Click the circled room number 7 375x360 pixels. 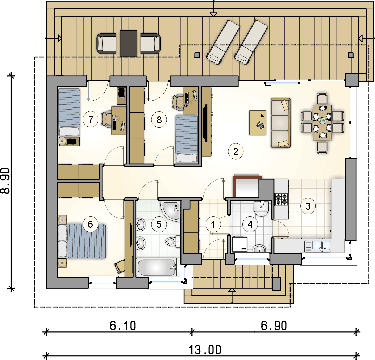(91, 119)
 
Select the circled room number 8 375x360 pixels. (159, 120)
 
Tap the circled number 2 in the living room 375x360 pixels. (236, 151)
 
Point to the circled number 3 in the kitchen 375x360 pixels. (308, 206)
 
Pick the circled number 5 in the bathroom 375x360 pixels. (159, 224)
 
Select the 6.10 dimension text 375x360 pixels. (123, 326)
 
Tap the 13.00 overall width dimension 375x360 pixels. (205, 350)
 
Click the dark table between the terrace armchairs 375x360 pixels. (129, 43)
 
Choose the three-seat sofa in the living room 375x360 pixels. (280, 123)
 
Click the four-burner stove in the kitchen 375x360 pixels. (281, 199)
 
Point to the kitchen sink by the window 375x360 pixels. (318, 246)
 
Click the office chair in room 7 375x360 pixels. (106, 119)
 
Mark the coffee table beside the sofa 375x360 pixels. (258, 123)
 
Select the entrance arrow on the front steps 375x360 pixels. (232, 296)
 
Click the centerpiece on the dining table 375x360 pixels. (322, 121)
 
